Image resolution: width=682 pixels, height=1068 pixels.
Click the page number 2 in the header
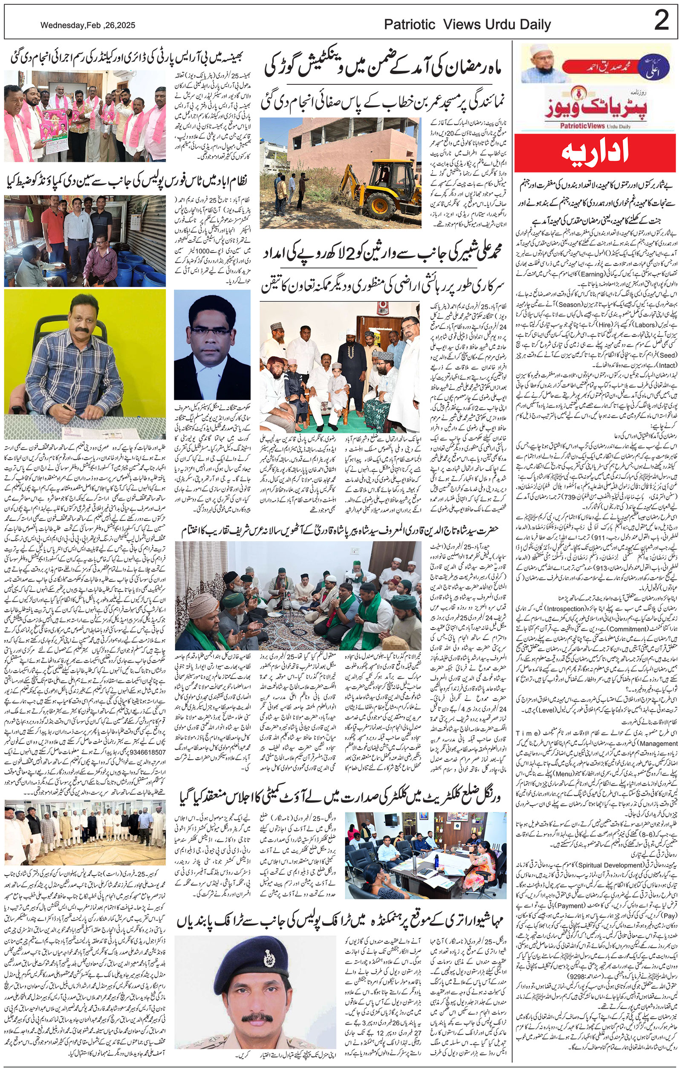point(661,21)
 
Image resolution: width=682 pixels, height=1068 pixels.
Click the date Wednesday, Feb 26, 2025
point(88,26)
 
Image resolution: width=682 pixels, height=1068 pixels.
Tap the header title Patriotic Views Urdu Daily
point(467,25)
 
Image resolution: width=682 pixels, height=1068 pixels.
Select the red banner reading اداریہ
point(595,153)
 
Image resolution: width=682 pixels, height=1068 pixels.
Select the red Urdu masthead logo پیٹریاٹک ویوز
point(593,106)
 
